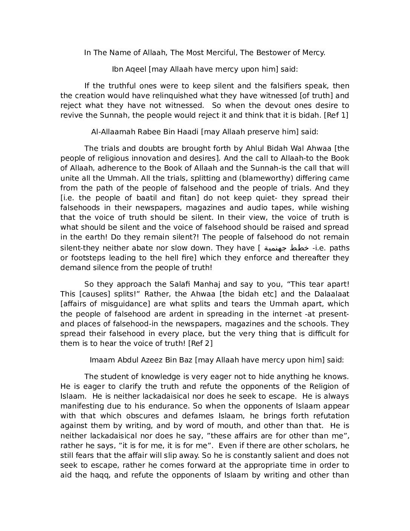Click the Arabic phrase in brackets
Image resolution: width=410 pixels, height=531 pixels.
[x=286, y=248]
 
